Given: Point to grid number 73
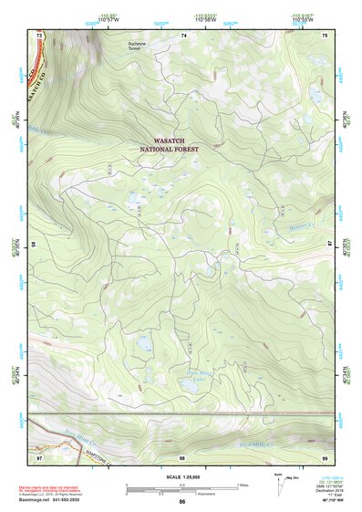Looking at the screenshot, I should tap(39, 34).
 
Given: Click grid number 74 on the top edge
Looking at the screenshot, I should tap(183, 34).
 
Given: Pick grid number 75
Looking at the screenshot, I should tap(326, 34).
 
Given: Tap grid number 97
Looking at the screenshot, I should tap(39, 457).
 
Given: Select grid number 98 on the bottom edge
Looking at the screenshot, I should tap(182, 457).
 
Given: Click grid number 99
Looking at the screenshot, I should tap(326, 457).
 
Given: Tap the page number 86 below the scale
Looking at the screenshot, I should tap(182, 502).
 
